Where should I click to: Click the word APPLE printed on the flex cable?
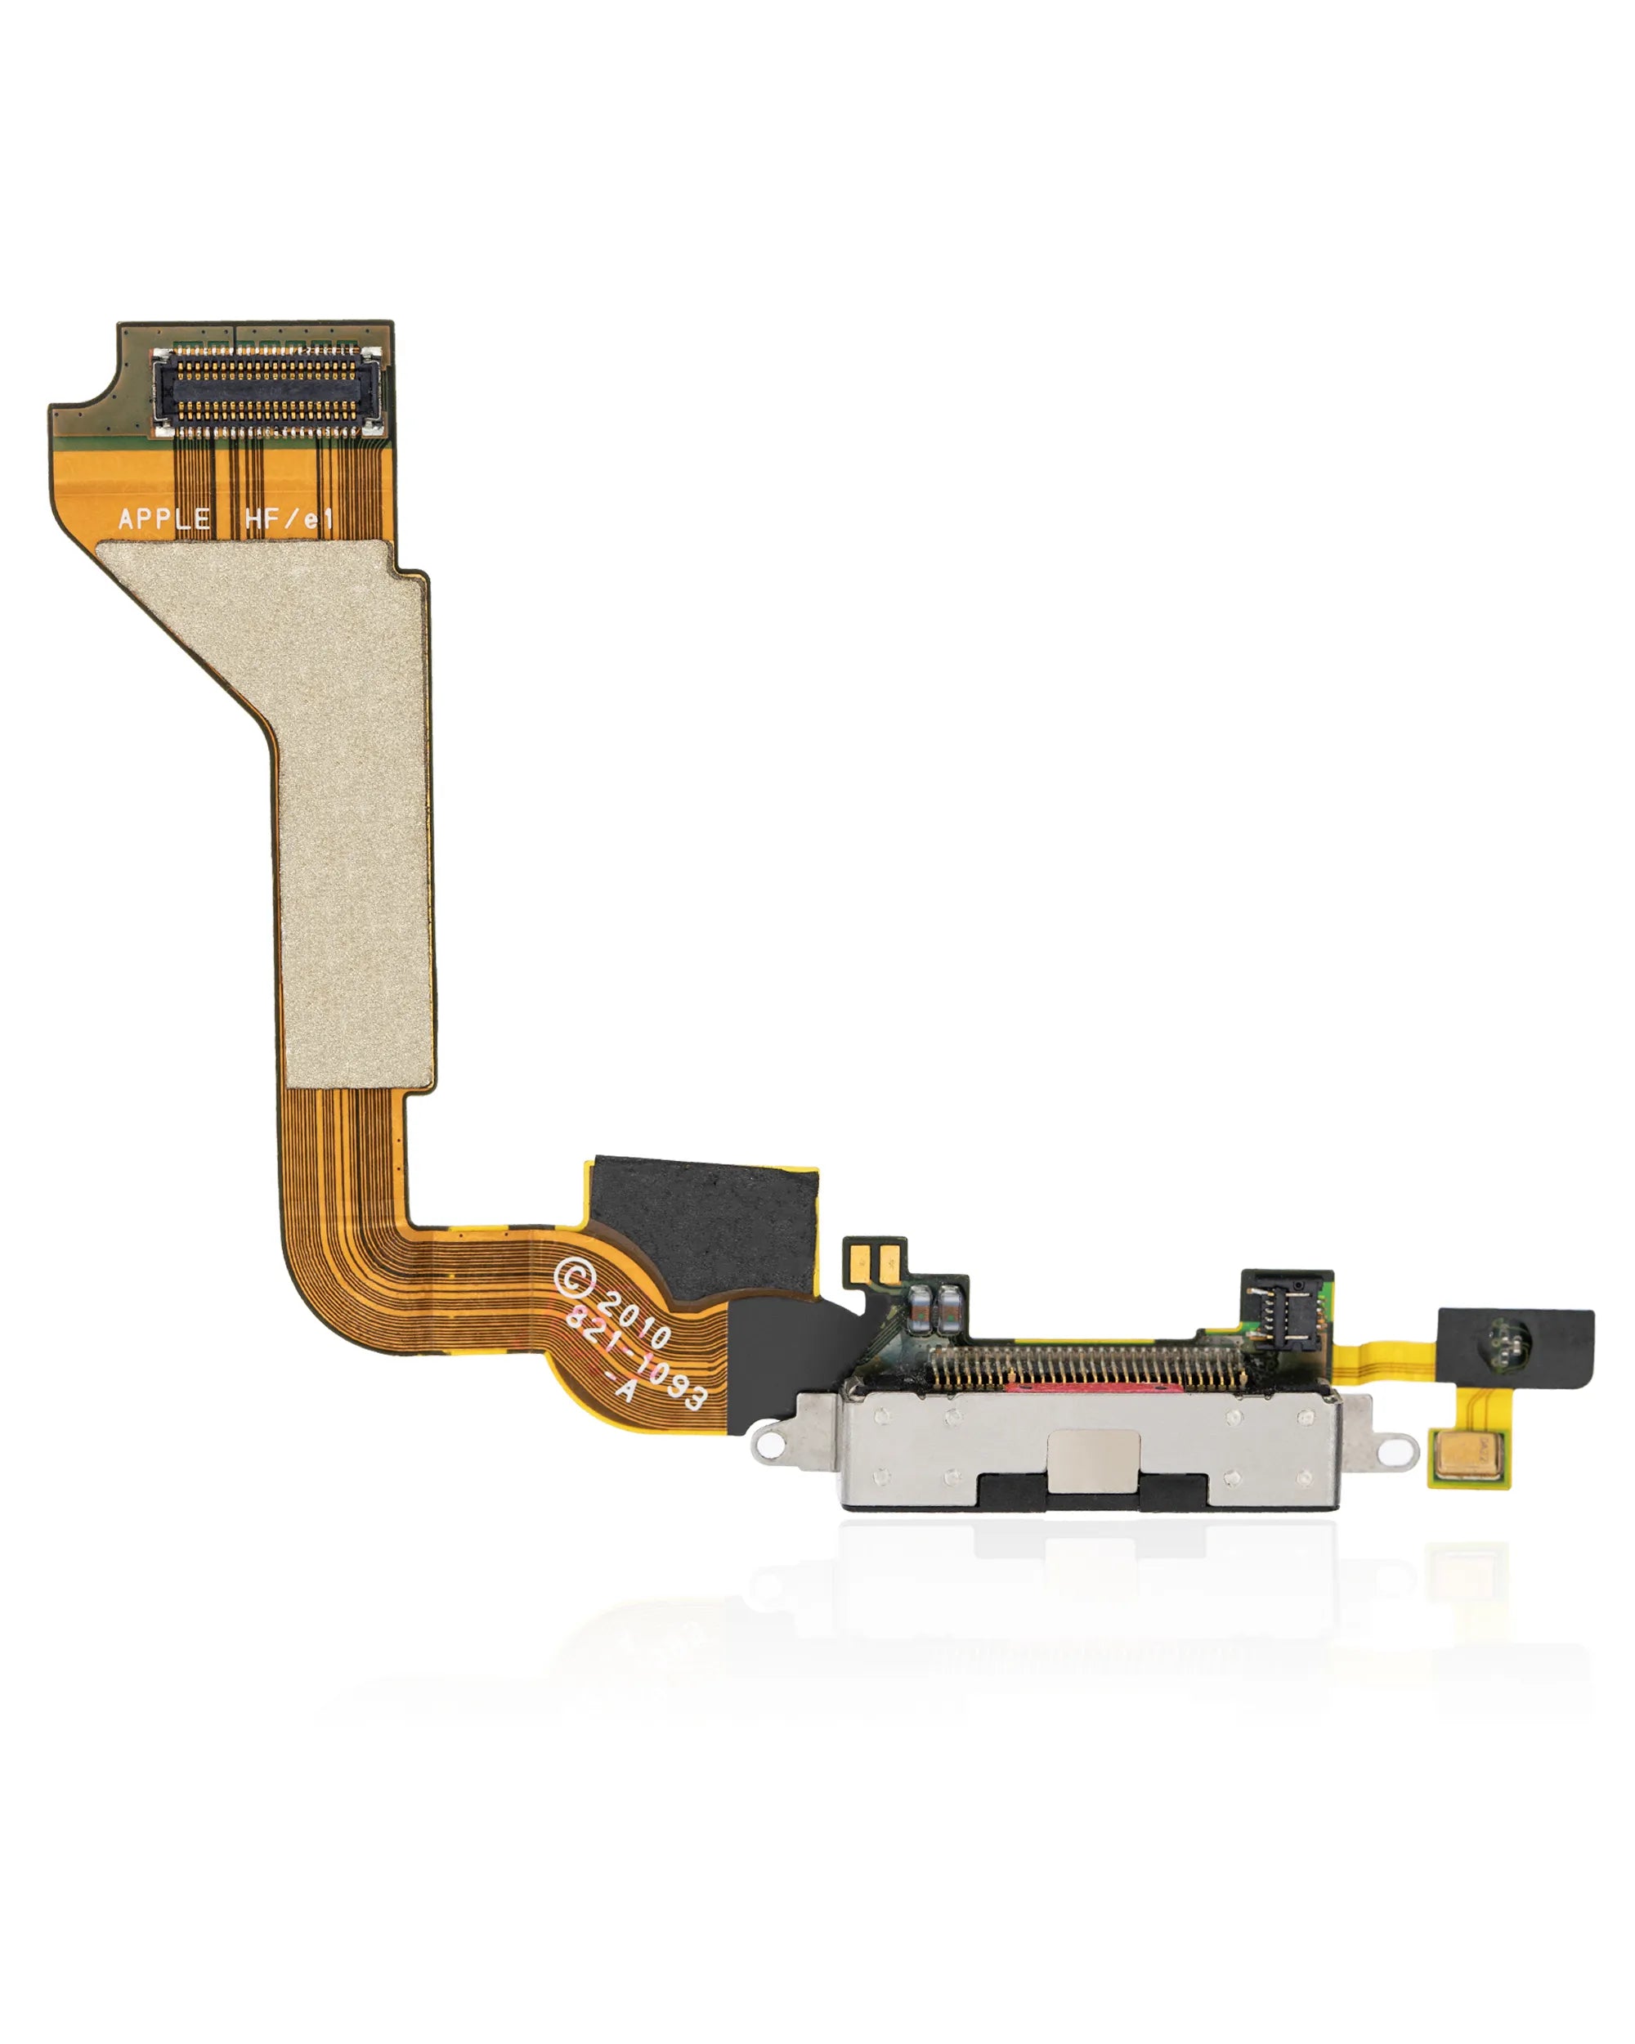[x=164, y=518]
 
